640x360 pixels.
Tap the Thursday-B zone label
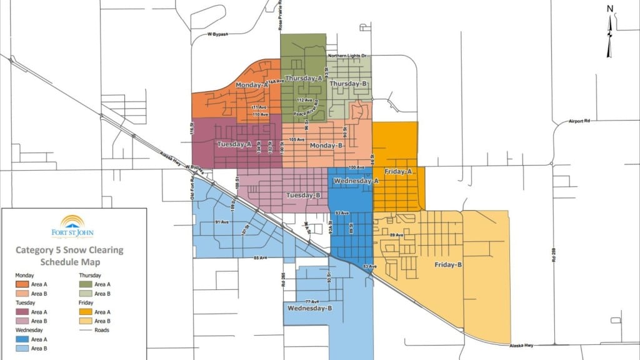pyautogui.click(x=347, y=84)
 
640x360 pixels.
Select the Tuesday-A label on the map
pyautogui.click(x=234, y=144)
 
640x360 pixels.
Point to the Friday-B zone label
pyautogui.click(x=448, y=264)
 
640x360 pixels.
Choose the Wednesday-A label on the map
pyautogui.click(x=356, y=181)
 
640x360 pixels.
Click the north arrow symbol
pyautogui.click(x=610, y=31)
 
